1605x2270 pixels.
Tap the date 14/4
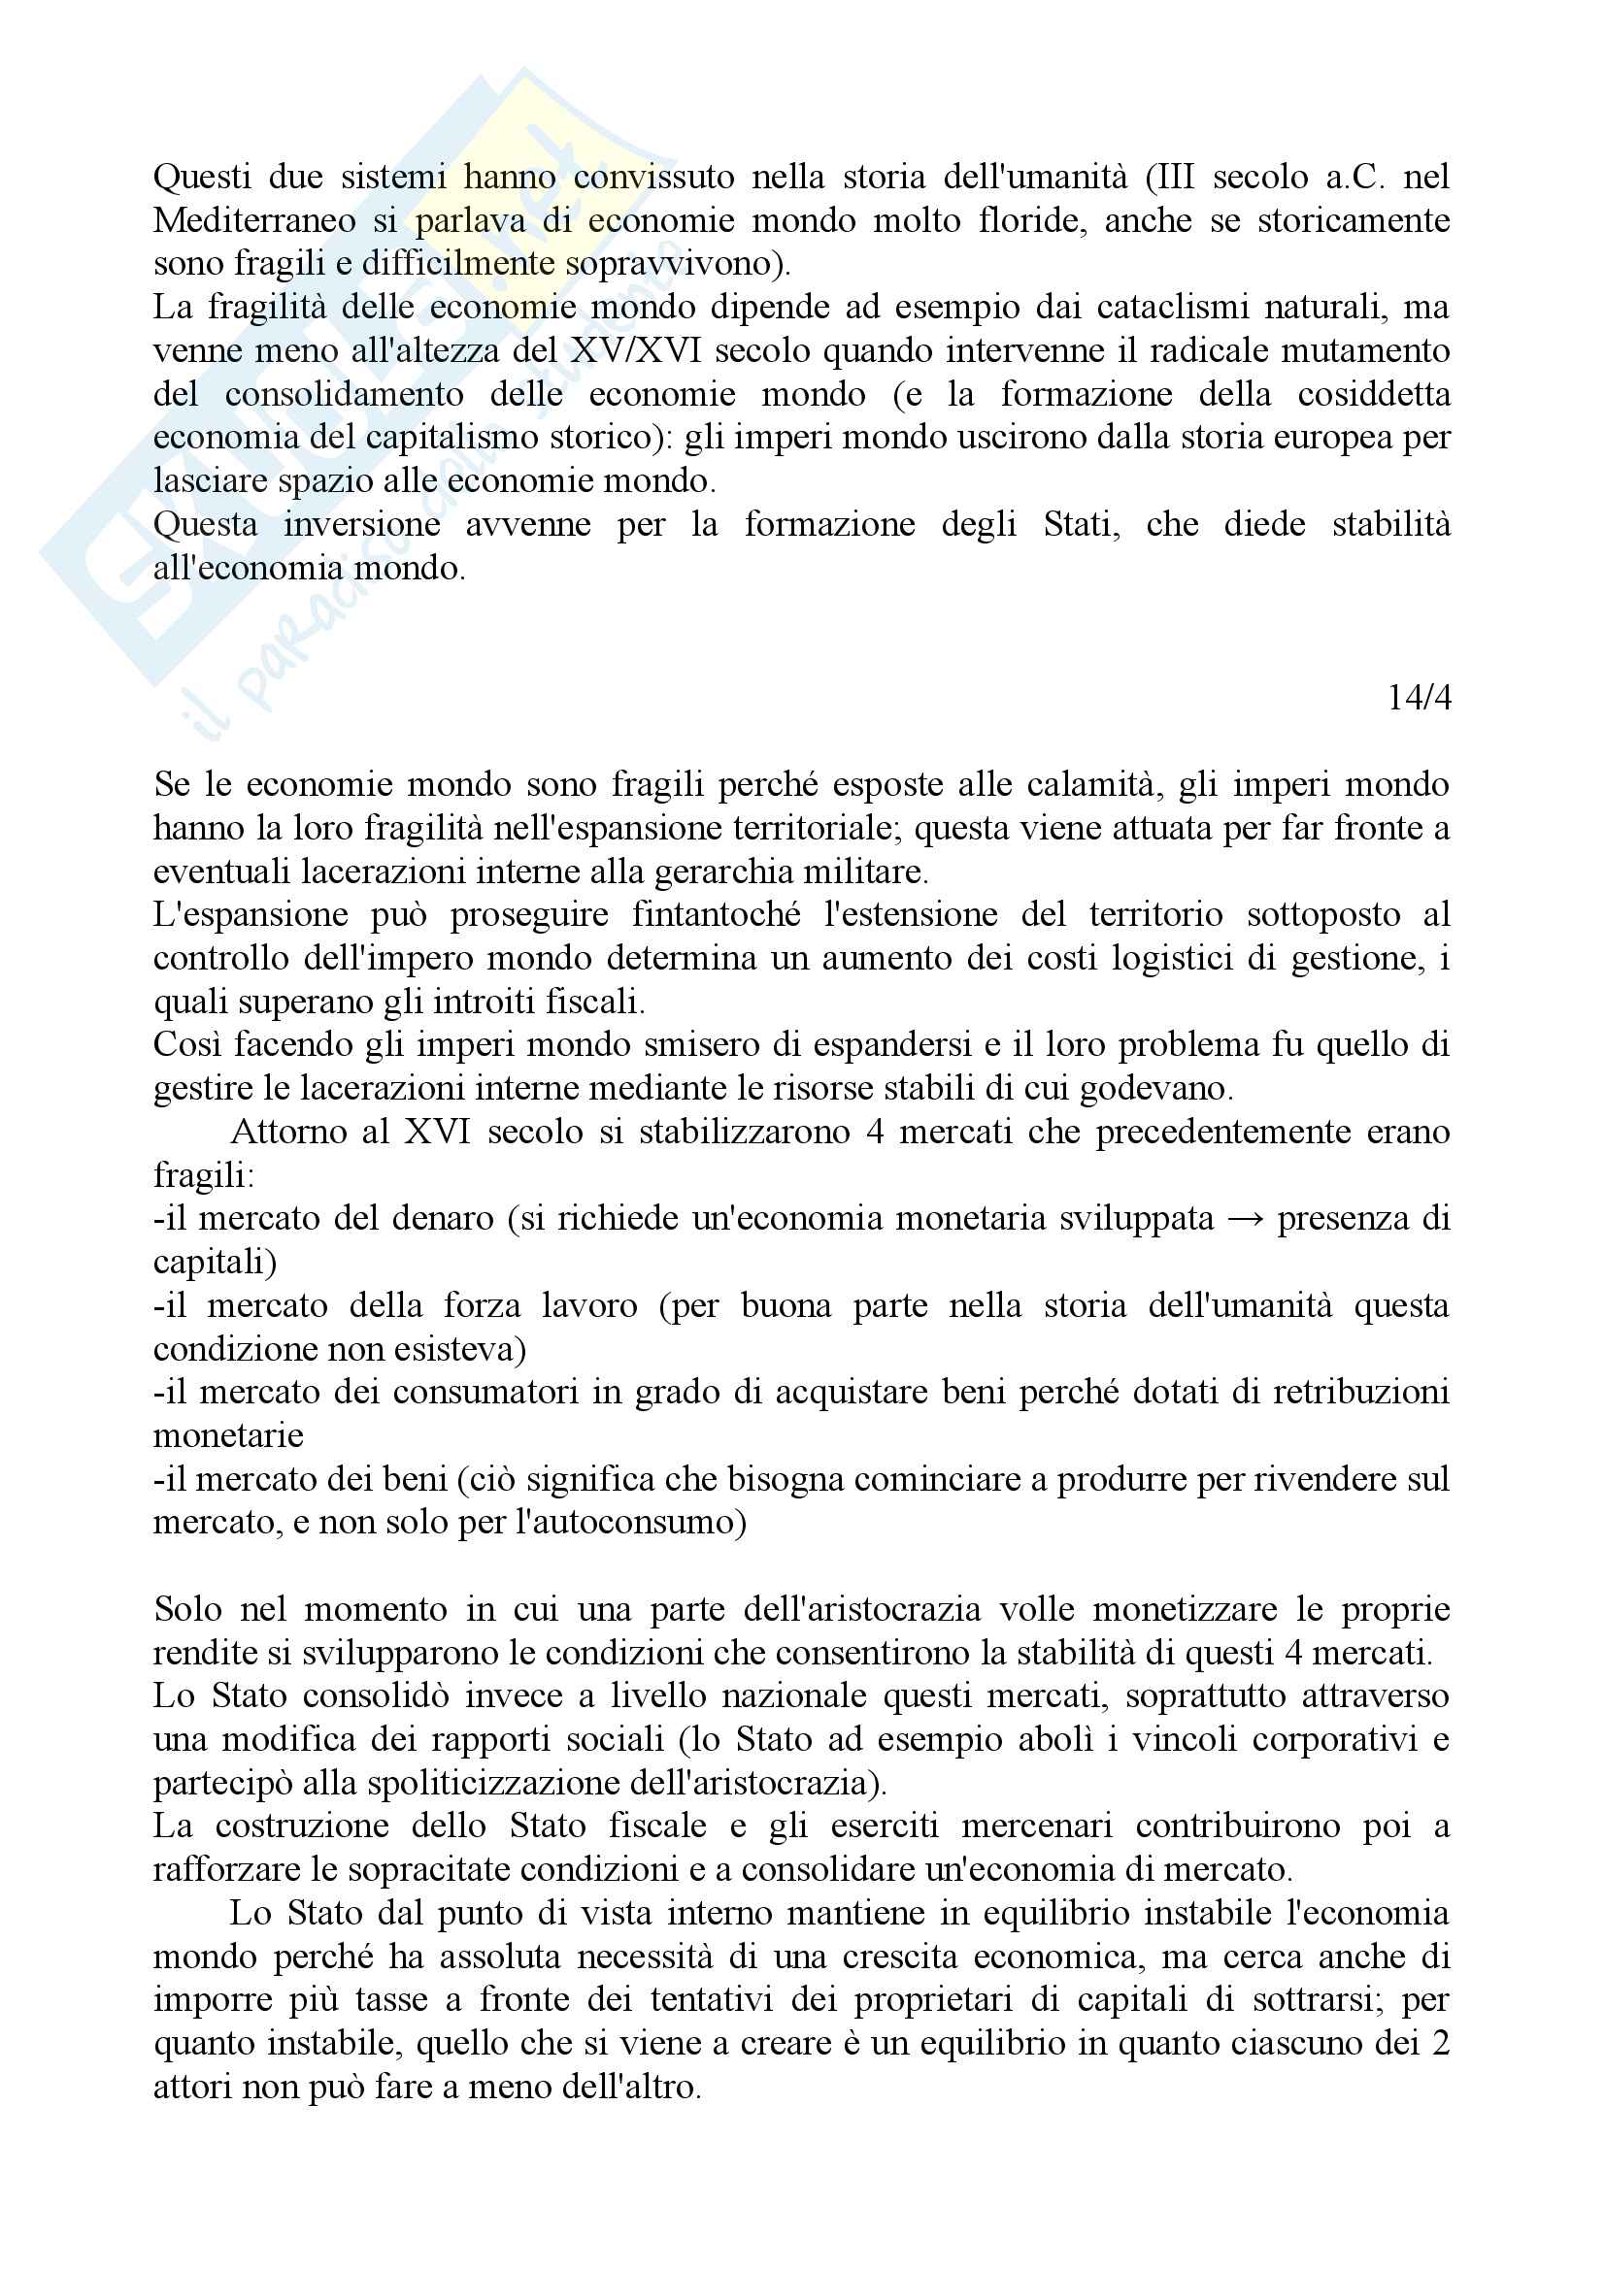[1420, 698]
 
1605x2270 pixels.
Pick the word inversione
[362, 524]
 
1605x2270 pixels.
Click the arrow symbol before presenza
[1245, 1219]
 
